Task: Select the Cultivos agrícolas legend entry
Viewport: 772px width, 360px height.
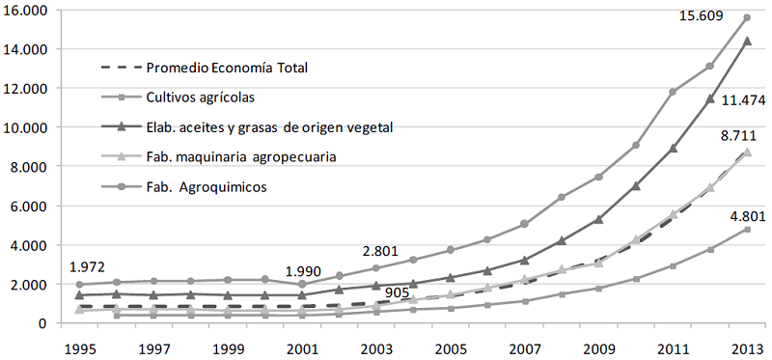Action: tap(202, 97)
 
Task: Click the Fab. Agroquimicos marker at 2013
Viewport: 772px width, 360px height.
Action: tap(746, 17)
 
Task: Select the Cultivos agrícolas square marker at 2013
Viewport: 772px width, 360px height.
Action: tap(746, 229)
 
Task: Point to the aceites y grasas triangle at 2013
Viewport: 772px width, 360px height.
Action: tap(746, 41)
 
